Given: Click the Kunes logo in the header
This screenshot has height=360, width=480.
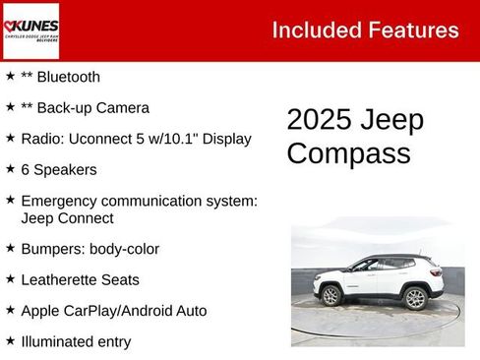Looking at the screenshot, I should [31, 30].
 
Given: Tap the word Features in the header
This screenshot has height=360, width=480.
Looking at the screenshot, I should [415, 30].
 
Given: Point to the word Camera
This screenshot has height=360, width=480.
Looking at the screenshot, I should [123, 107].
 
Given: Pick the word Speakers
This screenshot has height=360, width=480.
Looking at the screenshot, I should [65, 169].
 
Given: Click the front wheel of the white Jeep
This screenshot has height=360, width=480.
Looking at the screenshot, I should [331, 295].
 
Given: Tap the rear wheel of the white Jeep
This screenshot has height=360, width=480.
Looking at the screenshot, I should [415, 297].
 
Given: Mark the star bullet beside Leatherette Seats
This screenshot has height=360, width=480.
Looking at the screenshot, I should [10, 279].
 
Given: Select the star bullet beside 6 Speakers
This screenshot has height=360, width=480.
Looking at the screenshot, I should [10, 168].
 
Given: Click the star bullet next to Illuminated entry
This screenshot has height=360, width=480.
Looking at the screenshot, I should [10, 340].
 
